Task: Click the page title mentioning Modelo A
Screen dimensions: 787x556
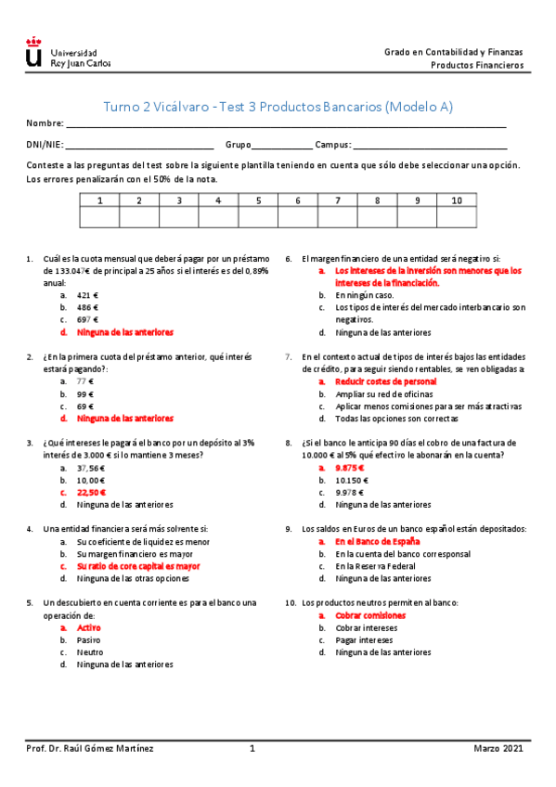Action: (x=277, y=107)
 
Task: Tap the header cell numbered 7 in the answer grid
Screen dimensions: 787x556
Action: (x=337, y=200)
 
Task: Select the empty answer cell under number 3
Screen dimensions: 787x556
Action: (x=178, y=217)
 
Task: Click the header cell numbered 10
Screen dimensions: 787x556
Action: (x=456, y=200)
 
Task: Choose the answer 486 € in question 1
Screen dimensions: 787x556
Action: (x=88, y=306)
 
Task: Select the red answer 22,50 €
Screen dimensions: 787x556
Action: (x=91, y=493)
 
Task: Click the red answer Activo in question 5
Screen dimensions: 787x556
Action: (x=88, y=628)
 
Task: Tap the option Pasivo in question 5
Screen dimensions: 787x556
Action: (x=88, y=640)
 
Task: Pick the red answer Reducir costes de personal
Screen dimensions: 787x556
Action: (x=385, y=381)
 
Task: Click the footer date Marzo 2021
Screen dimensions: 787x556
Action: (x=498, y=748)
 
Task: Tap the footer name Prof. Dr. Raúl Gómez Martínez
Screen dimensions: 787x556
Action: (x=89, y=748)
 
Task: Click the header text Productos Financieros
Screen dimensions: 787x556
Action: (x=476, y=66)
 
